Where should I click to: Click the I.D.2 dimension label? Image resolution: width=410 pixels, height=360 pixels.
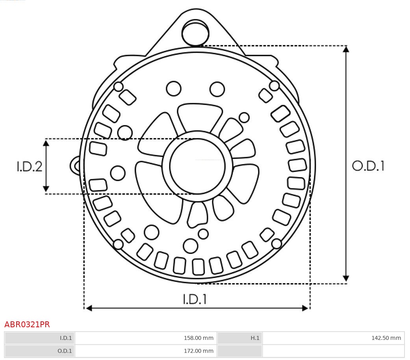click(29, 166)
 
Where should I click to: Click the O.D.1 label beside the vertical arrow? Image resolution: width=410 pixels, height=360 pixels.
click(368, 166)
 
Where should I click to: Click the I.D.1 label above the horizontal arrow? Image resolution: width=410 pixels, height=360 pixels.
click(195, 299)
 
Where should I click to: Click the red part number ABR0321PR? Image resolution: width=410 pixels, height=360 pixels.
click(27, 325)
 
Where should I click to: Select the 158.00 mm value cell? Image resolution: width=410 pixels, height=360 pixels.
click(146, 338)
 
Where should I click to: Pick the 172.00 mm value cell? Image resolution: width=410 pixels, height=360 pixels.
click(146, 351)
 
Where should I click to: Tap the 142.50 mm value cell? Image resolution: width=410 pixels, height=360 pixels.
click(333, 338)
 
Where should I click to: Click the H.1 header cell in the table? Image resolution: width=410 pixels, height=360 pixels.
click(240, 338)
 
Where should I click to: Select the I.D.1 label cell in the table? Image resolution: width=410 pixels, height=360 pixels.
click(40, 338)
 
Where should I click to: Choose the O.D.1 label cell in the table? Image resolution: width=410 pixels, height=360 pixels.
click(40, 351)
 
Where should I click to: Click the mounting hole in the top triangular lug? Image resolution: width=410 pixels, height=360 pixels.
click(195, 33)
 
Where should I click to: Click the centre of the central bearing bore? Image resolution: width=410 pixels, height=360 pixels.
click(197, 166)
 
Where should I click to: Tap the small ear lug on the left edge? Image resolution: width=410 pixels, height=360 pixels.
click(75, 166)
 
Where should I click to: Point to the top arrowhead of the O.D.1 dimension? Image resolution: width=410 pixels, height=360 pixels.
click(346, 49)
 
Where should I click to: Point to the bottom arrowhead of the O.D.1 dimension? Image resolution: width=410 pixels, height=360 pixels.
click(346, 278)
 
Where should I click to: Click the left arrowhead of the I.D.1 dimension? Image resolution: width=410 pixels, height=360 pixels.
click(89, 308)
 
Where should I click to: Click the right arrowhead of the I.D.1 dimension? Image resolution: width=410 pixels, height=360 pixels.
click(305, 308)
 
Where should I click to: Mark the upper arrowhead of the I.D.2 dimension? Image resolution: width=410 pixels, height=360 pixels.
click(46, 143)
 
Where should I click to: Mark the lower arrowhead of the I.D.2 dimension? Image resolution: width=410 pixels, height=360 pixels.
click(46, 189)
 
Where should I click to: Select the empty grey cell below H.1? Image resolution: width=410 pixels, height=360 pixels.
click(240, 351)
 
